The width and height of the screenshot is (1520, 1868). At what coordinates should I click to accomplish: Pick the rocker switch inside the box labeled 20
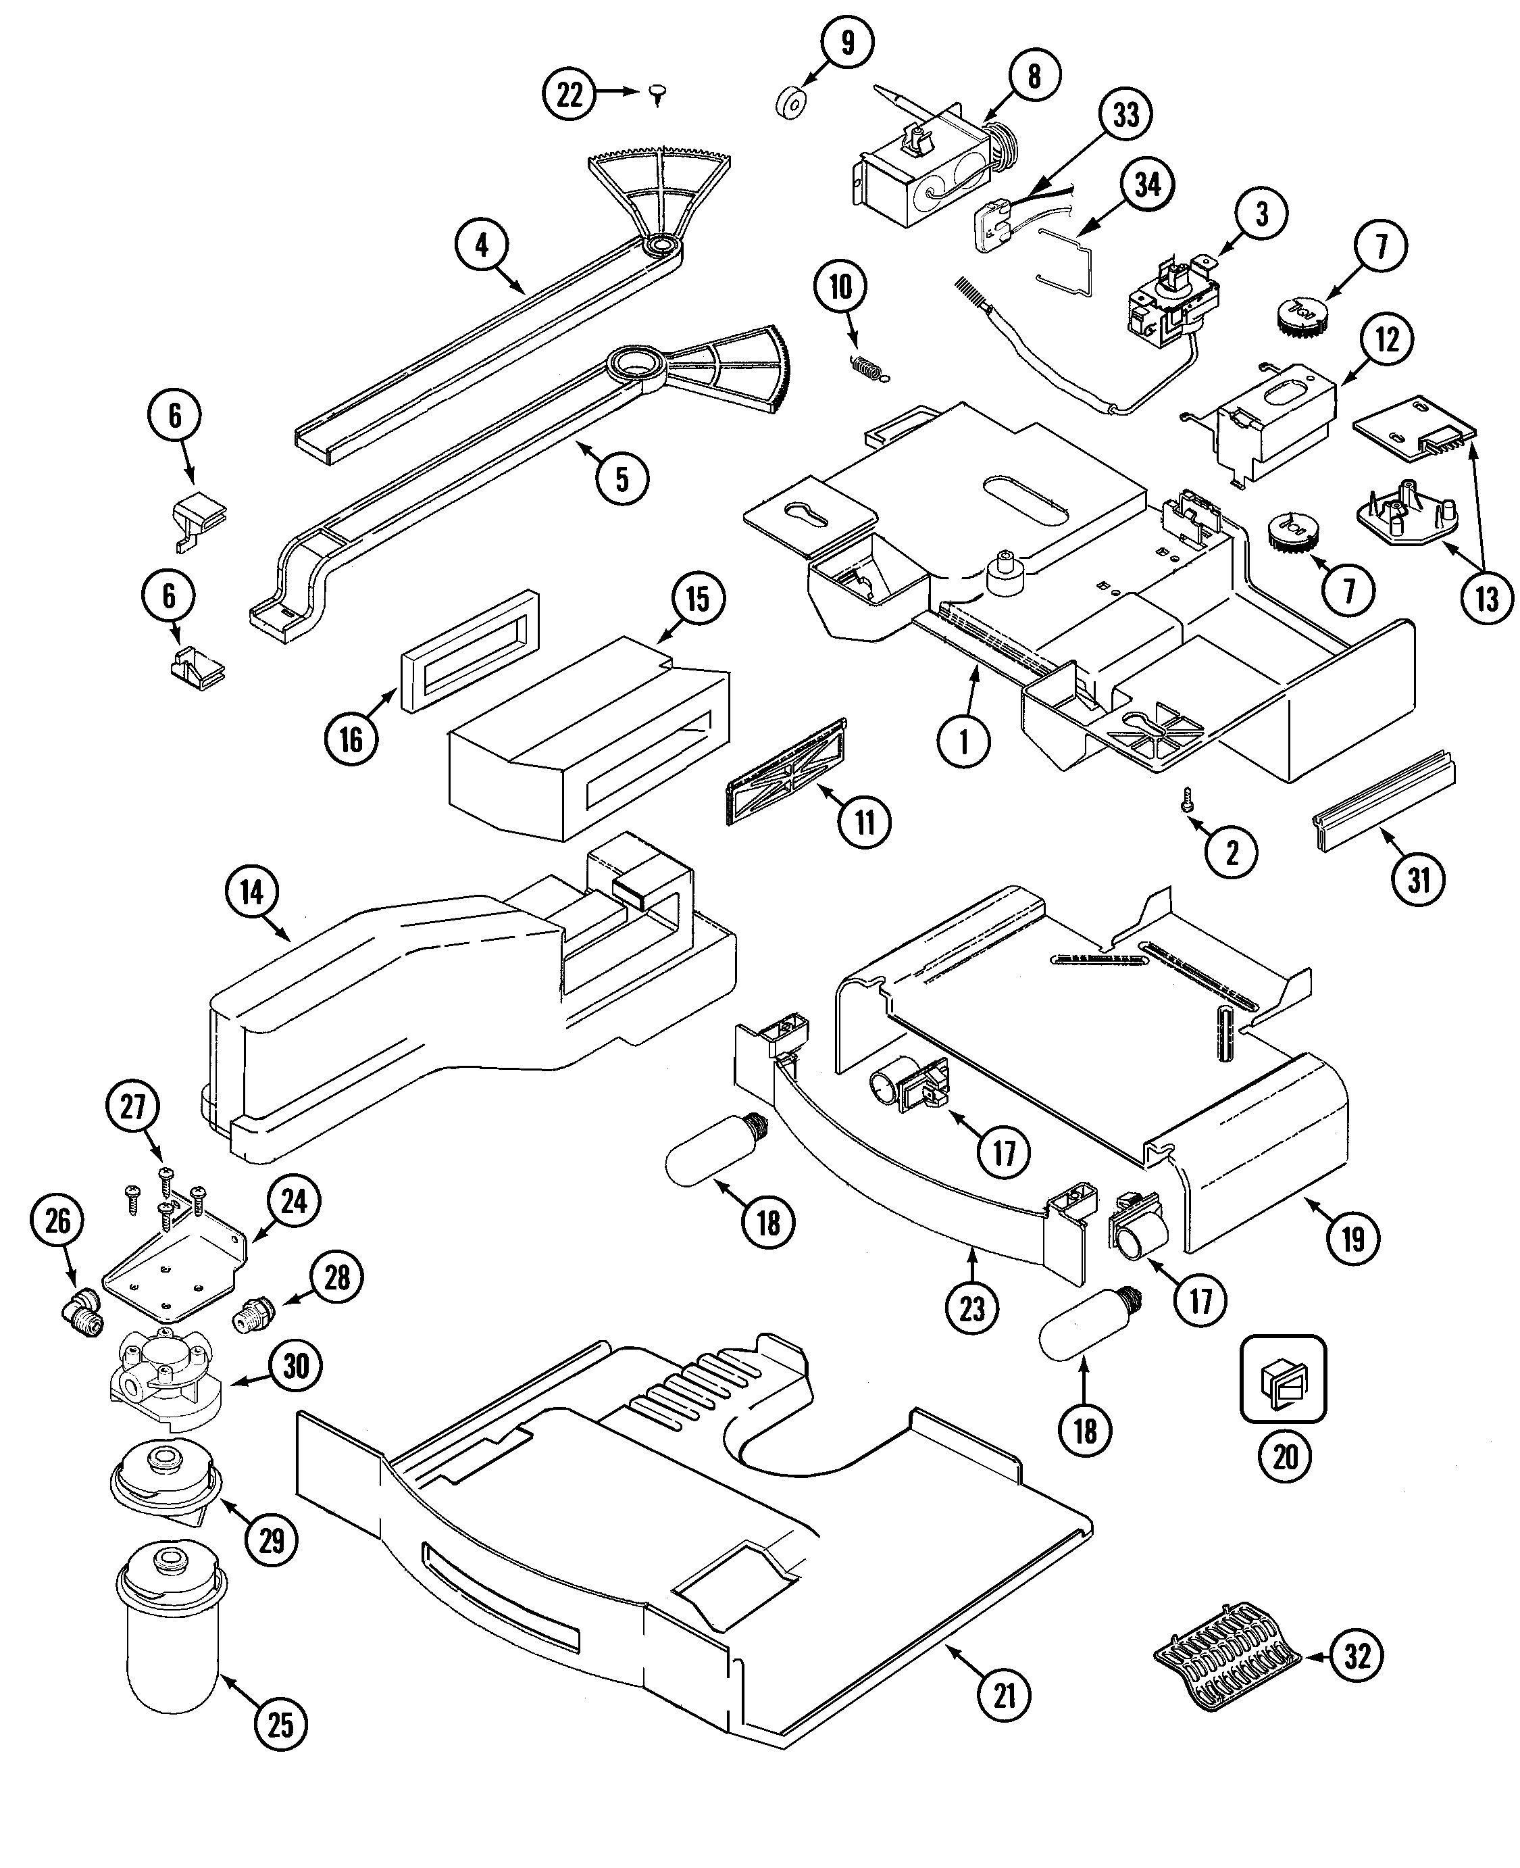pos(1284,1382)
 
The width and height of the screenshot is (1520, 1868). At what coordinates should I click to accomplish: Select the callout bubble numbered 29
pos(272,1539)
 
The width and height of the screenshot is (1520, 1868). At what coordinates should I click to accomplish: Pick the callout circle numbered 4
pos(482,245)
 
